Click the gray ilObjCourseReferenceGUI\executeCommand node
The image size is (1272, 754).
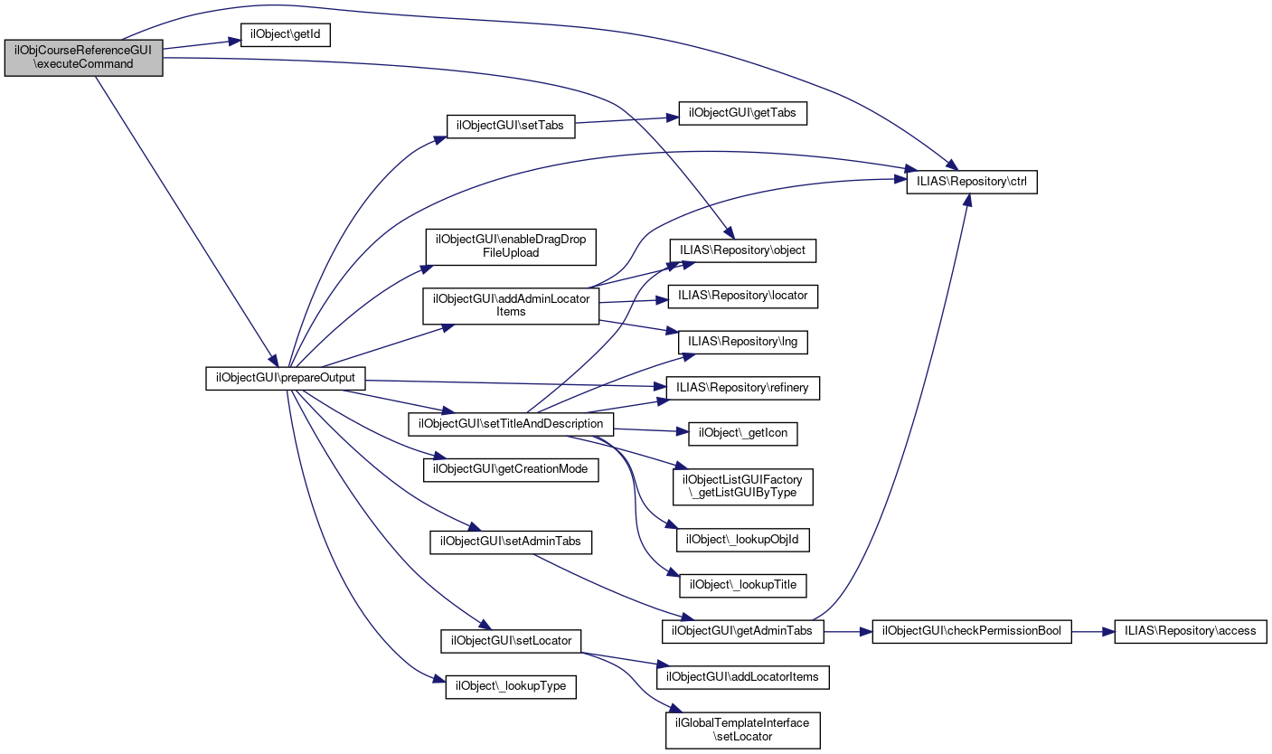83,57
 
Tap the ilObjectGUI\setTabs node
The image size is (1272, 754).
511,126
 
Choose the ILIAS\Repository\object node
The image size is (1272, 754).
742,250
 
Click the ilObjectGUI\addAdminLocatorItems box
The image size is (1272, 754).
511,305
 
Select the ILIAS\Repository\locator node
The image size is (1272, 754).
742,295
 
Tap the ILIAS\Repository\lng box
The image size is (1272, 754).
742,342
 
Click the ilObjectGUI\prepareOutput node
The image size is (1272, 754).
286,377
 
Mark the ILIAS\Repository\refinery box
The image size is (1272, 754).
742,387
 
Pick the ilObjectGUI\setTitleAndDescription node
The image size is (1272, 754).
512,423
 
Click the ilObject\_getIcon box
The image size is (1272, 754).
742,433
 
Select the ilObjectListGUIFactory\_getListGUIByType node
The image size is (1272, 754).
742,485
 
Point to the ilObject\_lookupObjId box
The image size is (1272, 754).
742,540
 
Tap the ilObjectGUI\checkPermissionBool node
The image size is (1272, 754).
971,630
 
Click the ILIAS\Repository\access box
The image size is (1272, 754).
1191,630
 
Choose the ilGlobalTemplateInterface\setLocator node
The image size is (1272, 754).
742,730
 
